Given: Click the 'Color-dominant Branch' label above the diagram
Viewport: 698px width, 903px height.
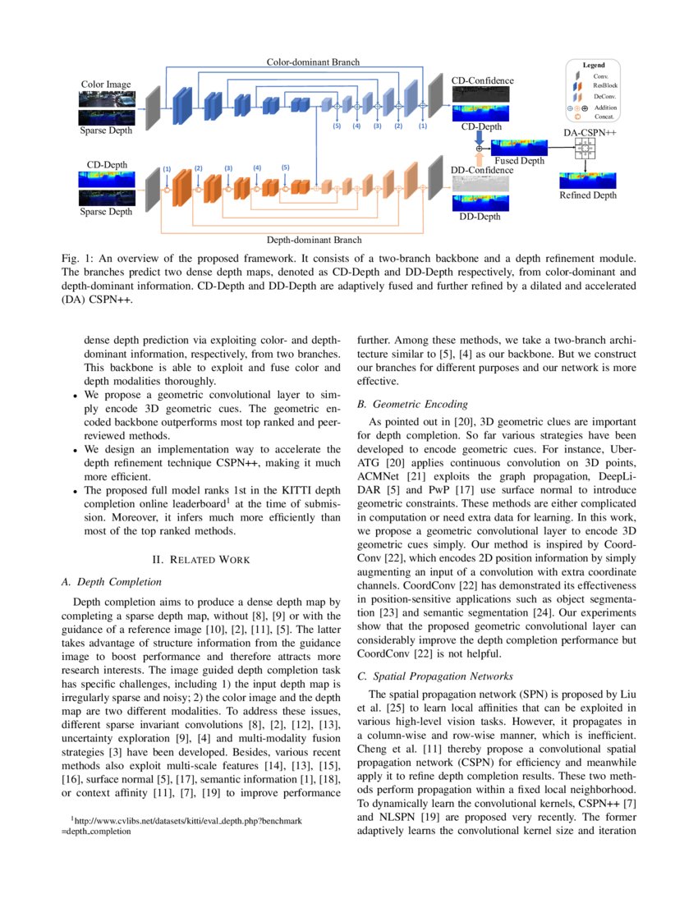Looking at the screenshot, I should (313, 62).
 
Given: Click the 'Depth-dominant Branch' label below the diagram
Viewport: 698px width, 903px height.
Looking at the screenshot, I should (315, 241).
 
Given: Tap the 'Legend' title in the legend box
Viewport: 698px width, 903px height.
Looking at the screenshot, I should (594, 65).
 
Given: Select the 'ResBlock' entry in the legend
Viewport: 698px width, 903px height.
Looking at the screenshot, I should (605, 85).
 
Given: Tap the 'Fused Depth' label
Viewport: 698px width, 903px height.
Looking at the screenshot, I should (519, 161).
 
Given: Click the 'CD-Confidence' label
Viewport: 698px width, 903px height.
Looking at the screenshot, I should (483, 80).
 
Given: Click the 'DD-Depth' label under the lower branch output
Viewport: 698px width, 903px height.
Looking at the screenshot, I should (480, 217).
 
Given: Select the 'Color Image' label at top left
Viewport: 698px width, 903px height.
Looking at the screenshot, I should (106, 85).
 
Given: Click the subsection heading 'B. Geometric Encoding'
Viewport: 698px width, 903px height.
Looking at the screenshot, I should (412, 405).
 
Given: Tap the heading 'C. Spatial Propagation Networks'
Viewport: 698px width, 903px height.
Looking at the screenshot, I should (434, 676).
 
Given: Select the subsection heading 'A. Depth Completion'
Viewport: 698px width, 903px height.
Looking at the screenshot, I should (113, 582).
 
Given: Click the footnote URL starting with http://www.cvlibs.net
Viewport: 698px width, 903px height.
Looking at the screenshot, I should (188, 820).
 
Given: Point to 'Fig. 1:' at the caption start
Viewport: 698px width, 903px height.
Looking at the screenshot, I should (76, 259).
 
